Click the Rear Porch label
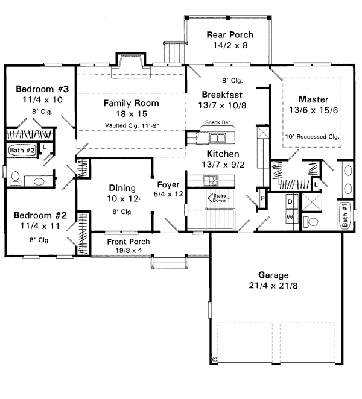coord(230,34)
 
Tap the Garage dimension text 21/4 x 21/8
coord(273,286)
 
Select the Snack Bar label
coord(218,122)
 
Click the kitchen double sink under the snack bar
coord(217,137)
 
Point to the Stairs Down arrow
coord(219,198)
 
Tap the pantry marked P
coord(262,198)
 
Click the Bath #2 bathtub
coord(22,150)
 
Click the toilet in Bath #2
coord(15,178)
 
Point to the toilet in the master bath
coord(311,221)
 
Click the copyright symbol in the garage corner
coord(215,359)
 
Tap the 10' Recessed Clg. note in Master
coord(313,137)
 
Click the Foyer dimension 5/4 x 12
coord(168,194)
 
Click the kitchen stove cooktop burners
coord(211,181)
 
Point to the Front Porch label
coord(129,242)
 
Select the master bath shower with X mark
coord(312,202)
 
